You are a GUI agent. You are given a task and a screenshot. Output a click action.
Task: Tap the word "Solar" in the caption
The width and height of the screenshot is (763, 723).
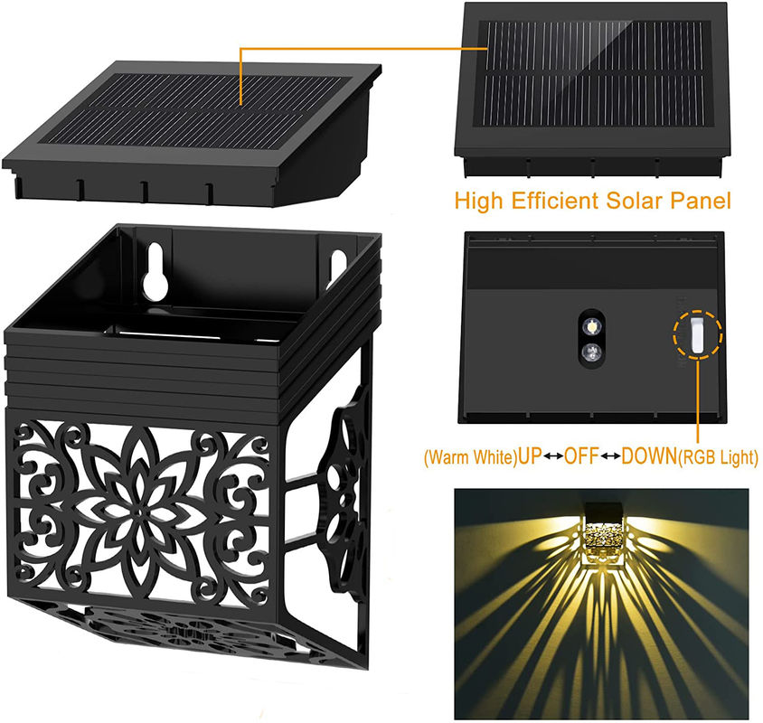pos(636,201)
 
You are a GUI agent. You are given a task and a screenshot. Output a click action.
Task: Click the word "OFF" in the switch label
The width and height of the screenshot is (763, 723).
pos(581,457)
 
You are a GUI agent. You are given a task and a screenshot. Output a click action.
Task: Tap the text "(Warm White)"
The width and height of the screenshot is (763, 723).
pos(468,458)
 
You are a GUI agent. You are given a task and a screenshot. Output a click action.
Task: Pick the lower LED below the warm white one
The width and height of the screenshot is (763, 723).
pos(590,352)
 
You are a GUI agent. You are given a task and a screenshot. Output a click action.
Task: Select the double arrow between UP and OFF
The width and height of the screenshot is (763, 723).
pos(552,457)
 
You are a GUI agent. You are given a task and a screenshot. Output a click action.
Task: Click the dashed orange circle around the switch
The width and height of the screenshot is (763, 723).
pos(696,312)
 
